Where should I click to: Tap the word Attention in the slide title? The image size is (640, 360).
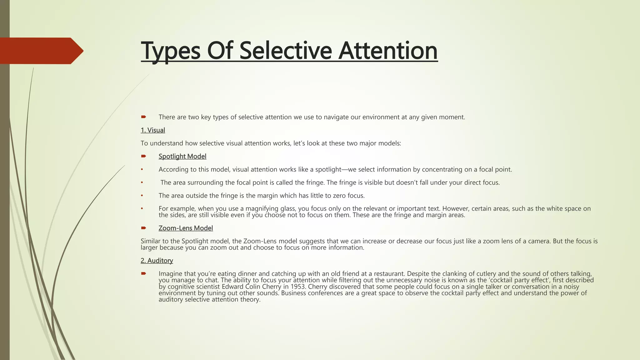pos(388,51)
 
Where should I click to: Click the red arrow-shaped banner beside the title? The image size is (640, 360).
pos(42,51)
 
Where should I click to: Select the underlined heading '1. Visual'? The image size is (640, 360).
pos(153,130)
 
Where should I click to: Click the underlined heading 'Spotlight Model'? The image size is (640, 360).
pos(182,157)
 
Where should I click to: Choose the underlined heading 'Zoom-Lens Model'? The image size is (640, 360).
pos(186,228)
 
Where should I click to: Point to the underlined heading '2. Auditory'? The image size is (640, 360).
pos(157,261)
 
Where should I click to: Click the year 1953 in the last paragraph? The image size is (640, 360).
pos(298,287)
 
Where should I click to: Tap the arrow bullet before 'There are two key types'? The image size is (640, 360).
pos(144,117)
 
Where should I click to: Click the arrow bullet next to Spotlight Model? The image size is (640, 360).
pos(144,156)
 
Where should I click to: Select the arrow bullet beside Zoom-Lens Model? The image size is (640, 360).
pos(144,228)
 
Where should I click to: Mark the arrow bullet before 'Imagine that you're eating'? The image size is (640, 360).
pos(144,273)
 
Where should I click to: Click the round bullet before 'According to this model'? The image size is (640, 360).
pos(142,169)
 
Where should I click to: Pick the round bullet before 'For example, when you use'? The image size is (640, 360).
pos(142,208)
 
